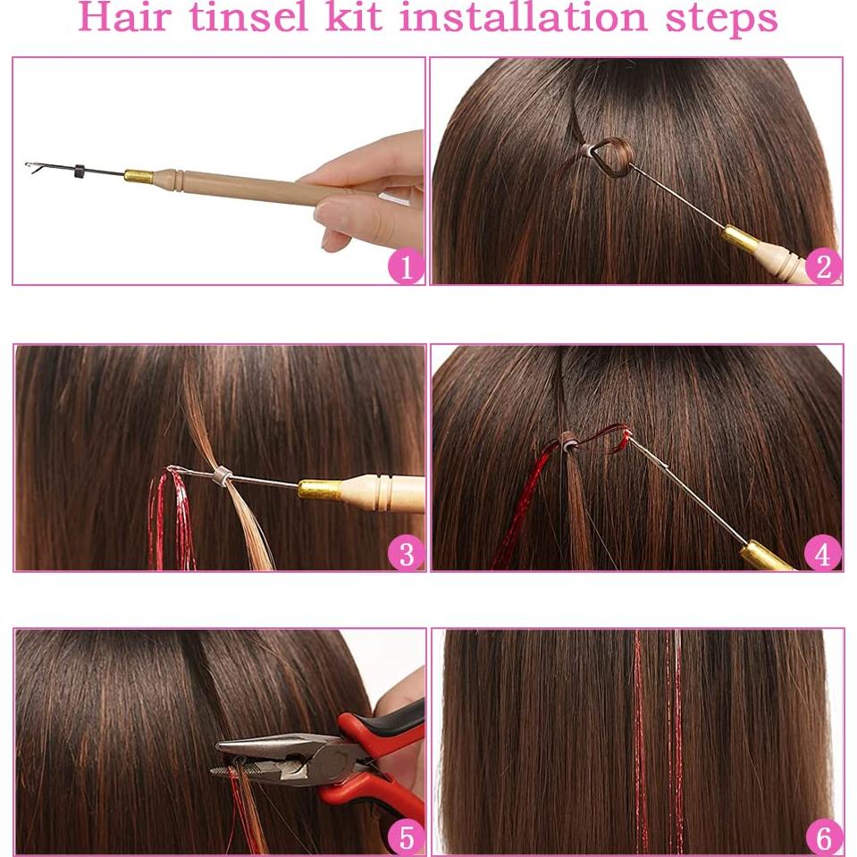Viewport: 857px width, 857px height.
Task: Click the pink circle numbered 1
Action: pyautogui.click(x=406, y=266)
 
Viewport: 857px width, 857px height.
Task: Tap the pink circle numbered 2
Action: pyautogui.click(x=823, y=266)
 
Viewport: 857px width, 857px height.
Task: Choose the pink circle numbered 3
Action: pyautogui.click(x=406, y=554)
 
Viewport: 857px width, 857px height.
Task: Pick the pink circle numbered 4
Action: pyautogui.click(x=823, y=554)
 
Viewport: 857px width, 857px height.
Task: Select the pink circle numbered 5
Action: pyautogui.click(x=406, y=837)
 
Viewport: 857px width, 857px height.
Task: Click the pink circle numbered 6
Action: pyautogui.click(x=823, y=837)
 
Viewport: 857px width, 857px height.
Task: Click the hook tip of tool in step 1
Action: pyautogui.click(x=31, y=166)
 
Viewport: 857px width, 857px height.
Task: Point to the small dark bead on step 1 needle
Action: pyautogui.click(x=80, y=170)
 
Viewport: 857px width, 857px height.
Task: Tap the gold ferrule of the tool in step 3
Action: pyautogui.click(x=320, y=489)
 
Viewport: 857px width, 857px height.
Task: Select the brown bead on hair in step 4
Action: pyautogui.click(x=567, y=439)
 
